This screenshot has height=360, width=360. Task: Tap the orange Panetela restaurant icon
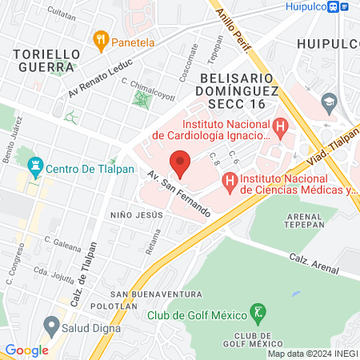[101, 37]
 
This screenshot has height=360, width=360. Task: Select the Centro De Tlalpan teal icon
[34, 168]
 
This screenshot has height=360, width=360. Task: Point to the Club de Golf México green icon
[258, 311]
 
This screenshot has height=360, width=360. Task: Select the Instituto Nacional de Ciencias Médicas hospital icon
[230, 184]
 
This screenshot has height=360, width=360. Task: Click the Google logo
[26, 350]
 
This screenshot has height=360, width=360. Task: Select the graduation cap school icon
[327, 102]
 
